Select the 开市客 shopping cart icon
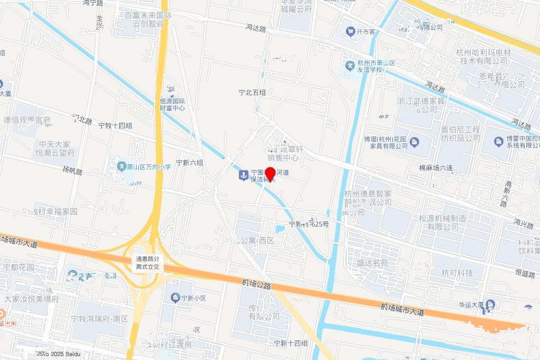pyautogui.click(x=350, y=32)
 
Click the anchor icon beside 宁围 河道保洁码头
pyautogui.click(x=243, y=175)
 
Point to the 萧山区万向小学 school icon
pyautogui.click(x=121, y=167)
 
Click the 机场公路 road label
pyautogui.click(x=256, y=285)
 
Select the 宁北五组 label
pyautogui.click(x=252, y=93)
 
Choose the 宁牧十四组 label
pyautogui.click(x=115, y=125)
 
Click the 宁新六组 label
pyautogui.click(x=189, y=163)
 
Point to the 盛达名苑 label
pyautogui.click(x=372, y=262)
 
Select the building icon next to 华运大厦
pyautogui.click(x=491, y=305)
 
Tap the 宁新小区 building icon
pyautogui.click(x=175, y=299)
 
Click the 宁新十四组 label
pyautogui.click(x=291, y=343)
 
